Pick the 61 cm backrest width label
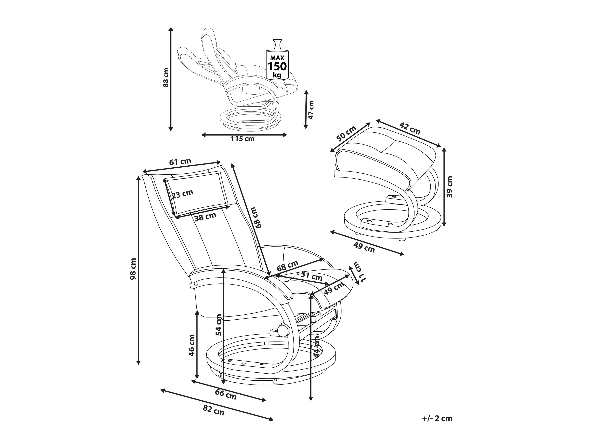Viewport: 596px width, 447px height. point(180,162)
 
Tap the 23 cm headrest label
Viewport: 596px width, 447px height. point(182,194)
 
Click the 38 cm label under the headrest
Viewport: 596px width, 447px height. point(205,217)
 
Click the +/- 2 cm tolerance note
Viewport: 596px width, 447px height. point(437,418)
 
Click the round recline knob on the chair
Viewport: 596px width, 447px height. point(283,331)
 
